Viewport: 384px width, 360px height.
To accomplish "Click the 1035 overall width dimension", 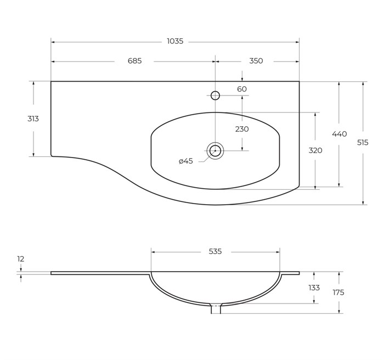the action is [175, 41].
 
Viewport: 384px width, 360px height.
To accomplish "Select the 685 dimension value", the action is [135, 61].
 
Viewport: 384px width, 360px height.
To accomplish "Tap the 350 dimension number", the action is [256, 61].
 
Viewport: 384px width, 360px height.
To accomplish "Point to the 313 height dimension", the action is [33, 119].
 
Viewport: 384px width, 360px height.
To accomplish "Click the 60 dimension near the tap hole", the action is [242, 89].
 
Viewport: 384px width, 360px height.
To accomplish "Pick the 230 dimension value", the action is [242, 129].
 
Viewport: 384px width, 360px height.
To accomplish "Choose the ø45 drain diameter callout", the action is [186, 161].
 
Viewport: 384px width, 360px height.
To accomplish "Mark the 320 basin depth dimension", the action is [315, 150].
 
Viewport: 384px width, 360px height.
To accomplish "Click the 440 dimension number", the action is [340, 134].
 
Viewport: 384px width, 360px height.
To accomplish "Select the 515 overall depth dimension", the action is [363, 142].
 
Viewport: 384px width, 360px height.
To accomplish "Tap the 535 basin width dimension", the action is [215, 251].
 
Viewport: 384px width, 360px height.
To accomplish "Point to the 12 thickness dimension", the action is [21, 259].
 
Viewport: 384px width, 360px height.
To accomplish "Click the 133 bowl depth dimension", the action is [314, 288].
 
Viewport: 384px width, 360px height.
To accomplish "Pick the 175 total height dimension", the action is [338, 292].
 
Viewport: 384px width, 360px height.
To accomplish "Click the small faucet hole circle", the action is [215, 95].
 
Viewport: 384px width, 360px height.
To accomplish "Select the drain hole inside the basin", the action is [215, 150].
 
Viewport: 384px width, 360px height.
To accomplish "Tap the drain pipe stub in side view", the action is [216, 309].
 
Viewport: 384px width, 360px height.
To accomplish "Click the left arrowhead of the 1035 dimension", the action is [53, 42].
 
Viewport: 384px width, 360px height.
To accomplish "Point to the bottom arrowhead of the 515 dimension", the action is [363, 203].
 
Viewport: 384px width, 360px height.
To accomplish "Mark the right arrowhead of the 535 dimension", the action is [278, 252].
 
